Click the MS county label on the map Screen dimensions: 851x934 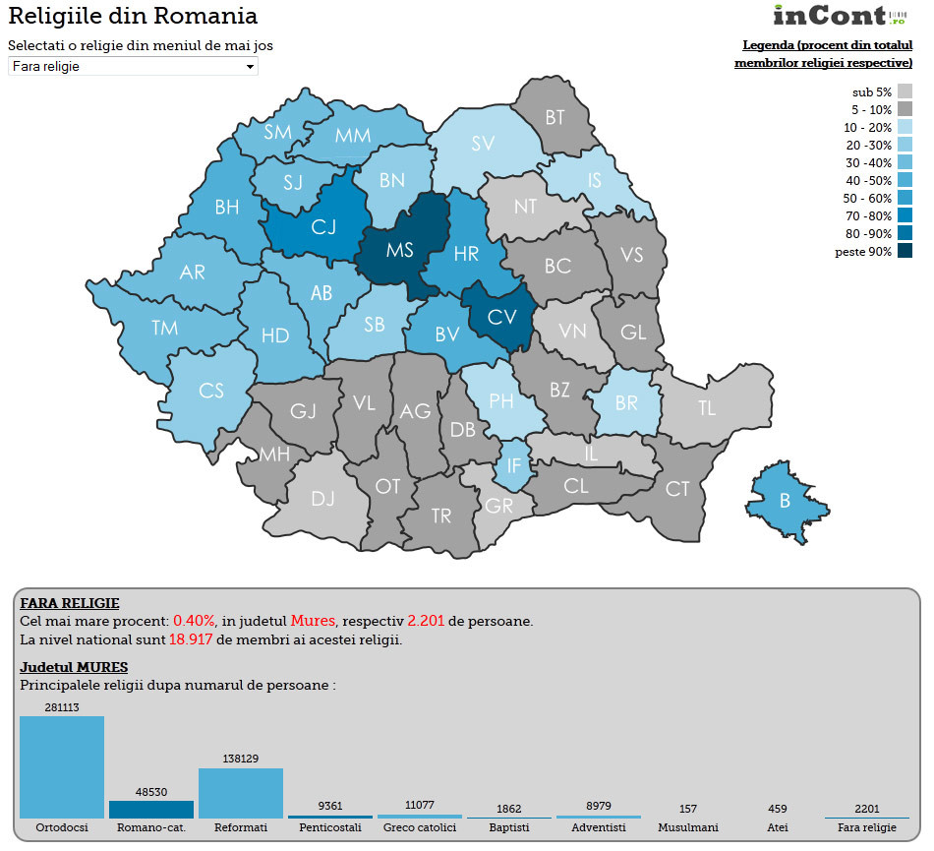click(399, 250)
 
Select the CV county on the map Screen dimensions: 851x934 click(501, 317)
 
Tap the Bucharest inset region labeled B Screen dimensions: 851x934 click(785, 501)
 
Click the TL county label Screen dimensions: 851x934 click(707, 408)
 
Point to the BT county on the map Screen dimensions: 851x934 click(555, 117)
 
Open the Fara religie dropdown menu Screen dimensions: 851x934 click(133, 66)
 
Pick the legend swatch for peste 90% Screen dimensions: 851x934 click(905, 251)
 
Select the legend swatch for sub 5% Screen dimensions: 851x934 click(905, 91)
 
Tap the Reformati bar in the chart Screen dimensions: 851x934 click(241, 793)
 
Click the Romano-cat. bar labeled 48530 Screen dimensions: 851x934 click(151, 809)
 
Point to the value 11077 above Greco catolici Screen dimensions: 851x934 click(419, 805)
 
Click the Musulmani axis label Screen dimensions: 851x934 click(687, 827)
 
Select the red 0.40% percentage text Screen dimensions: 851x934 click(194, 621)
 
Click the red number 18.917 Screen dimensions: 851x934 click(191, 639)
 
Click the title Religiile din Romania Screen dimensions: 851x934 click(133, 16)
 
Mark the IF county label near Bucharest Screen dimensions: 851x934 click(513, 465)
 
